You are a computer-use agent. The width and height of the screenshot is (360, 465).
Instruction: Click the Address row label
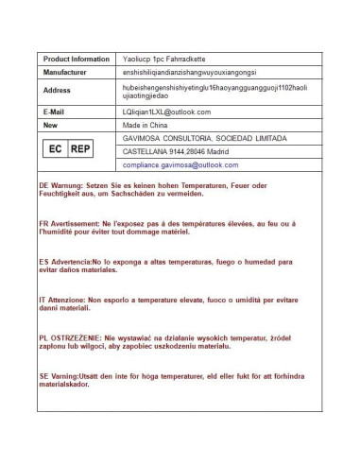(58, 91)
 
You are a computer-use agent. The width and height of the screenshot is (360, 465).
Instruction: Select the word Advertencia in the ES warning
(72, 260)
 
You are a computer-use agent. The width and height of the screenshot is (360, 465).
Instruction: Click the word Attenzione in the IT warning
(70, 298)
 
